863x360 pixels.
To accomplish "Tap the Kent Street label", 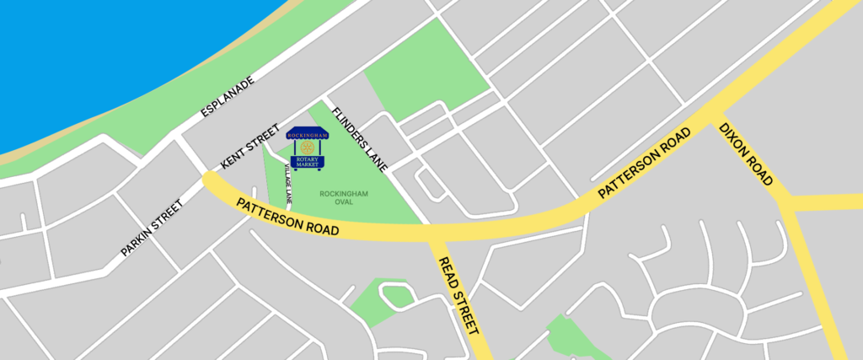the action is pyautogui.click(x=249, y=144).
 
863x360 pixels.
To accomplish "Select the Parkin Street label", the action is pyautogui.click(x=152, y=228).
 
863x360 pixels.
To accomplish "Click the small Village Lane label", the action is pyautogui.click(x=288, y=185).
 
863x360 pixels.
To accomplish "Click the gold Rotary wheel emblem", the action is pyautogui.click(x=306, y=148).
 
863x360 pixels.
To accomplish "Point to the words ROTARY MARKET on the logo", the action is pyautogui.click(x=307, y=160).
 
